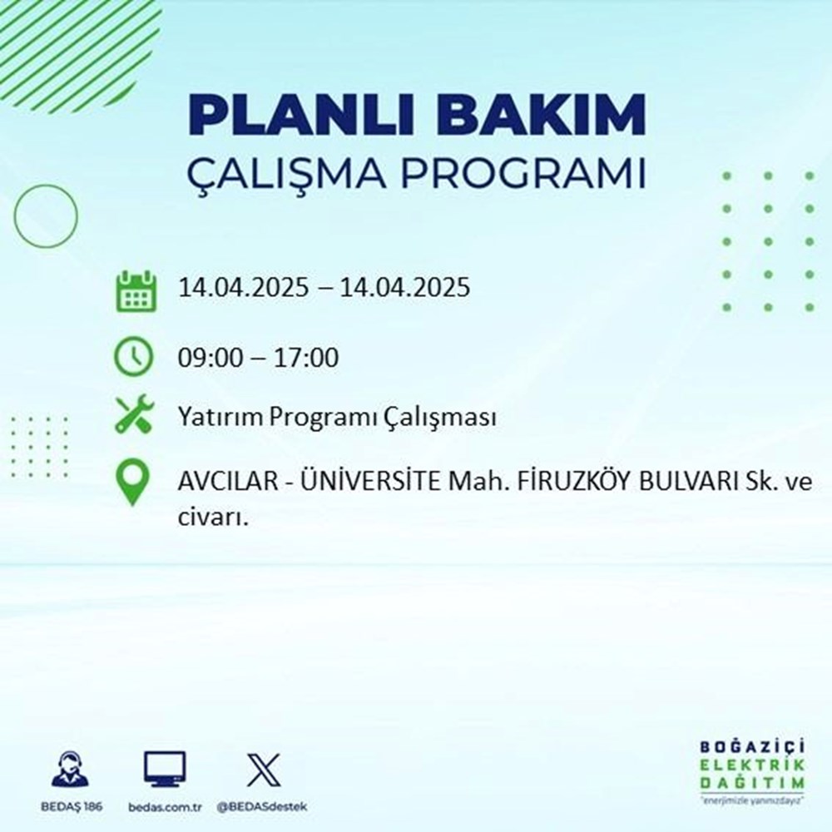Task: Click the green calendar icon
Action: coord(135,290)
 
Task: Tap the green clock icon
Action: coord(134,358)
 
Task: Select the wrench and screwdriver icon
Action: coord(134,414)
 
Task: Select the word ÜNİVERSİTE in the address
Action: coord(355,485)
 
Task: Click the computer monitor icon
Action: coord(165,769)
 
